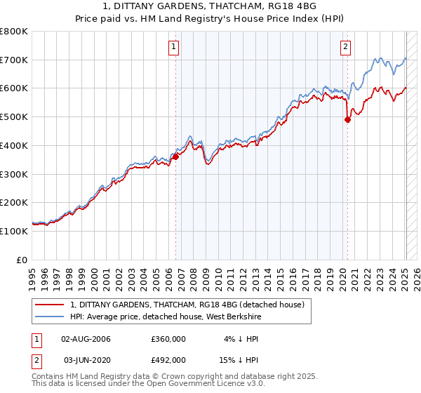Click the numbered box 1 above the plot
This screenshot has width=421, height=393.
[173, 48]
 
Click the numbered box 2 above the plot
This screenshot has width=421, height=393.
[346, 48]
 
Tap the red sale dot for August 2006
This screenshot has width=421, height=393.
[176, 156]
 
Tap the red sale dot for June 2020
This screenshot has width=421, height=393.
[347, 119]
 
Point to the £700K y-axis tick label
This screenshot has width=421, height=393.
[14, 60]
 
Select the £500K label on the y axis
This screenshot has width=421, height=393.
[14, 116]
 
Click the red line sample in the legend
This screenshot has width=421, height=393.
[51, 305]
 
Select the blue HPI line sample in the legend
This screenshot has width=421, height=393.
[51, 317]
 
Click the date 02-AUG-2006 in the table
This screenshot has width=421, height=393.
[86, 338]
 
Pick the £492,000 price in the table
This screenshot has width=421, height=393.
[168, 359]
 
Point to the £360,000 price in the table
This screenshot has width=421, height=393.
[168, 338]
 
